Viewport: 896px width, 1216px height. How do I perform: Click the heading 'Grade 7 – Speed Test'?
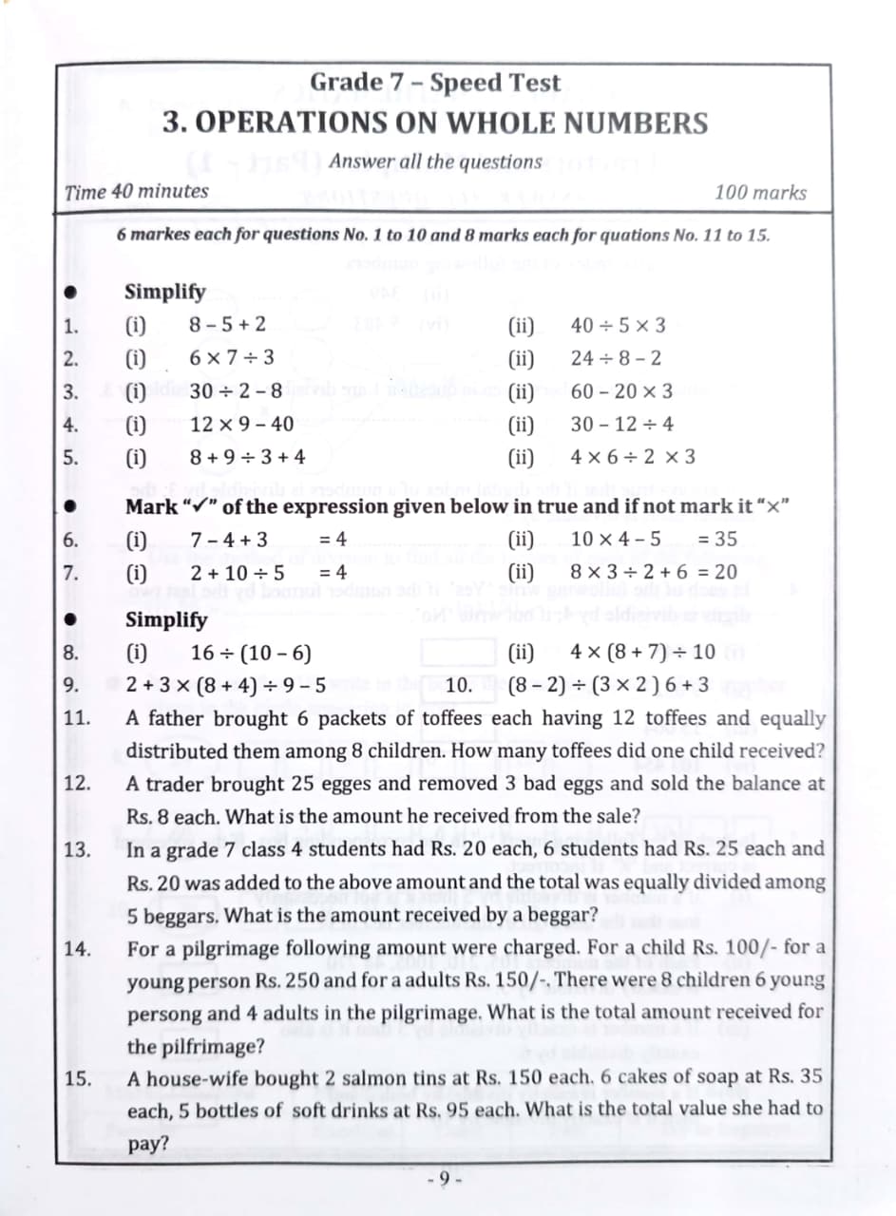(436, 83)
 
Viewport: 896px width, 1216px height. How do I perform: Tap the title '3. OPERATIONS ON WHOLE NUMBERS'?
(435, 123)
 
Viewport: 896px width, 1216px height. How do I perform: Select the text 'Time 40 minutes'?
(136, 191)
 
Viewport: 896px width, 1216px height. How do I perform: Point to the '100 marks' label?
(760, 192)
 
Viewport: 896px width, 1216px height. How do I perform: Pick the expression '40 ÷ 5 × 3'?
(618, 326)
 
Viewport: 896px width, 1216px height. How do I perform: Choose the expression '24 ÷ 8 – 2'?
(616, 358)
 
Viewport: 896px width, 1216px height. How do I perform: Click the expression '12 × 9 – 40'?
(241, 424)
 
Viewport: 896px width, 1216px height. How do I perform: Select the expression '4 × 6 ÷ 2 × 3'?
(633, 456)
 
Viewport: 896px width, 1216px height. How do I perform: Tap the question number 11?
(77, 718)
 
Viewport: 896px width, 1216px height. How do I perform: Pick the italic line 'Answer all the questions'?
(435, 161)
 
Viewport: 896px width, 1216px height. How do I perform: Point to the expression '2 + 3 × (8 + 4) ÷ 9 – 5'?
(227, 685)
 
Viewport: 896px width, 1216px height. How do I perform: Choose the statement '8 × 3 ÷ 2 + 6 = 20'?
(654, 573)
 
